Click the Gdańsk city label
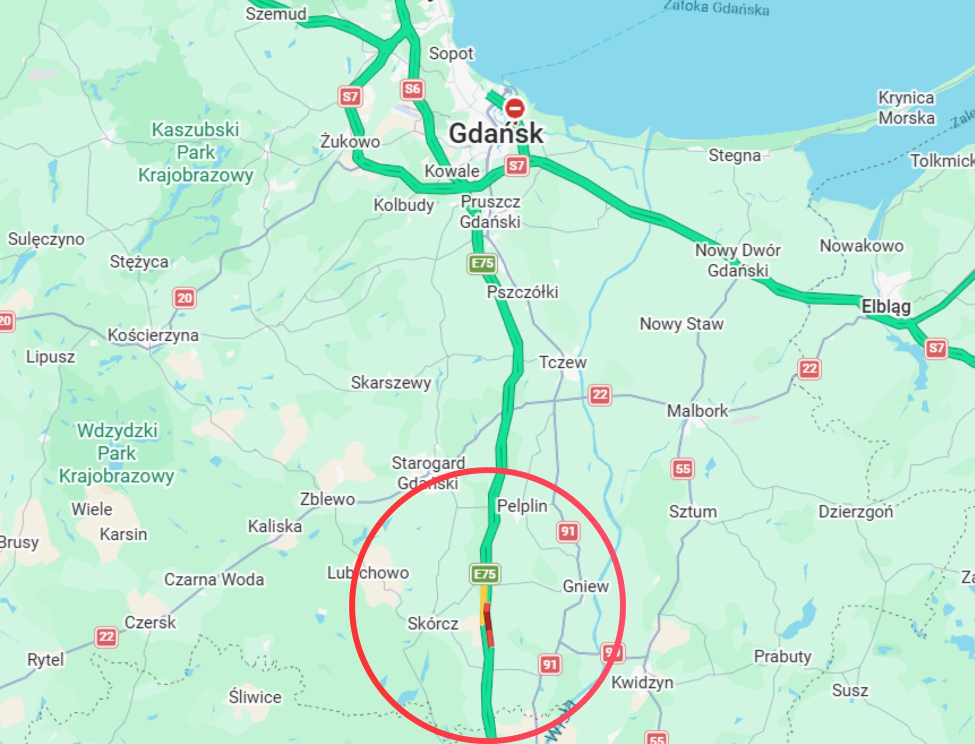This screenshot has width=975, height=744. pos(496,134)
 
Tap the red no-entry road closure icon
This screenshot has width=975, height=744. pos(514,108)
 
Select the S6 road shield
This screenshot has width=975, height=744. pos(412,89)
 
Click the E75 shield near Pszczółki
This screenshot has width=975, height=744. pos(482,263)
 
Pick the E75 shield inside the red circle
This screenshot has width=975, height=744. pos(485,574)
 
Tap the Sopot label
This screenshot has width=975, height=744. pos(450,53)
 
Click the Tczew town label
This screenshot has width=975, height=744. pos(562,362)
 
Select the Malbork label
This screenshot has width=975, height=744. pos(697,410)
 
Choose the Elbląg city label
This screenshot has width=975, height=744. pos(886,306)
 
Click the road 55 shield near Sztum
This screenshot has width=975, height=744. pos(682,469)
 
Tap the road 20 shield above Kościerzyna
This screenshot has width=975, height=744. pos(184,298)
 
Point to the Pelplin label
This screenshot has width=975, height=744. pos(522,506)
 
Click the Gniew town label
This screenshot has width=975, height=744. pos(586,586)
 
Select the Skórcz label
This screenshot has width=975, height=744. pos(433,623)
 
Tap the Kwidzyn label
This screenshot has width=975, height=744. pos(642,682)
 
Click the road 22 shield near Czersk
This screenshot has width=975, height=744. pos(106,637)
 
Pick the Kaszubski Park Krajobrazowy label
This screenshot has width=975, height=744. pos(196,152)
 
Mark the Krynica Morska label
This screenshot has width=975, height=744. pos(906,108)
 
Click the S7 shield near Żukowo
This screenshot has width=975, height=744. pos(350,96)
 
